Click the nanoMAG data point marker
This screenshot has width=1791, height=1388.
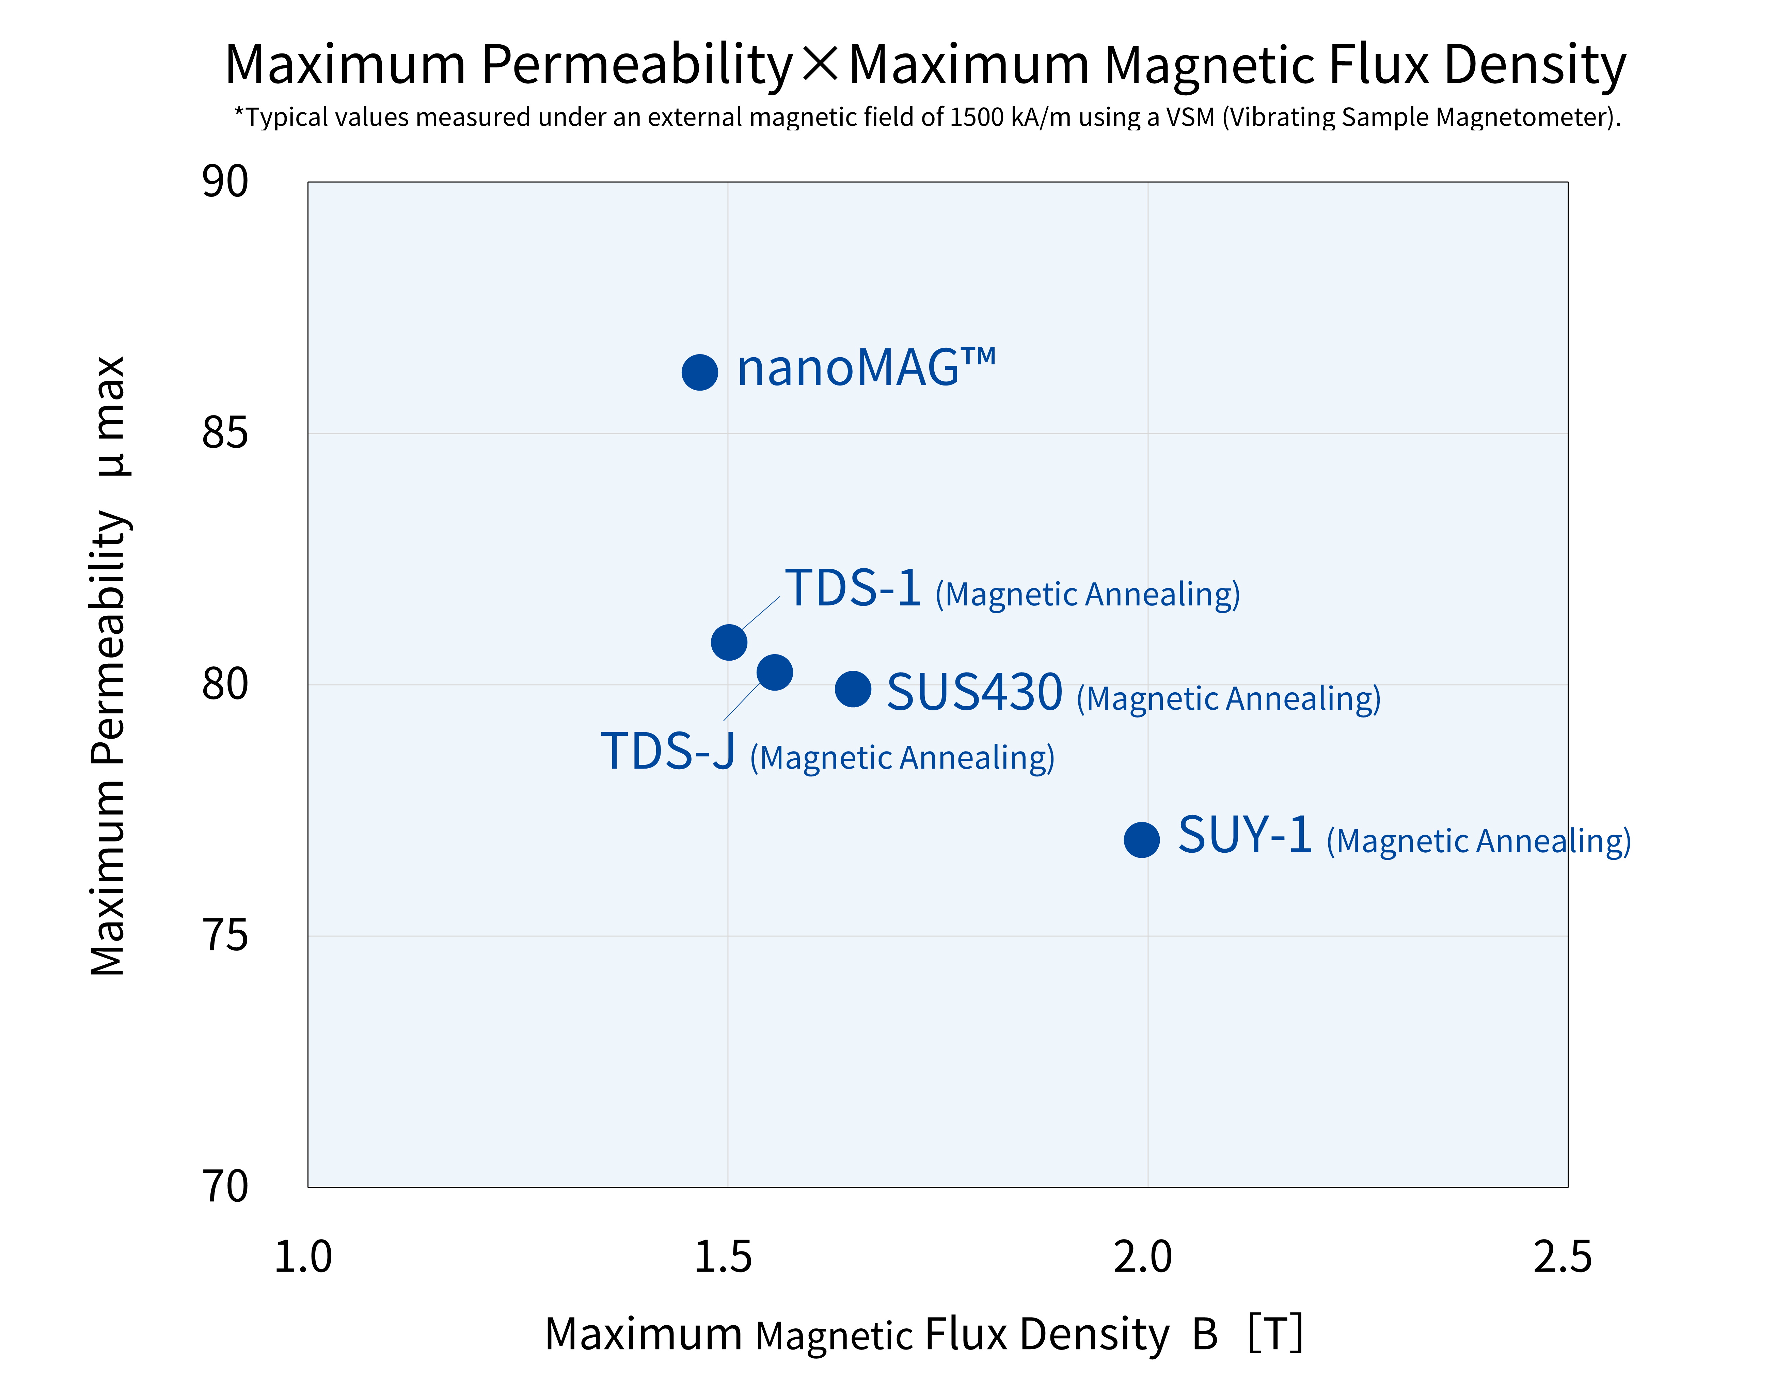click(699, 373)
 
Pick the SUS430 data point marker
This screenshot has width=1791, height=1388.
click(853, 688)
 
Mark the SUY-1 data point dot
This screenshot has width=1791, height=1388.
click(1142, 839)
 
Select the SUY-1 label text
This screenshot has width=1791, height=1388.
click(1245, 835)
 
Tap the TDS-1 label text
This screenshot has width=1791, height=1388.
click(853, 588)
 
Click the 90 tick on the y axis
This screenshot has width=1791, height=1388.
click(225, 181)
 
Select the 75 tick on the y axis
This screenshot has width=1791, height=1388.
click(225, 935)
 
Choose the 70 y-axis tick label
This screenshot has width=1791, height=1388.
click(225, 1186)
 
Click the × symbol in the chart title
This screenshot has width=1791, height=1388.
click(820, 64)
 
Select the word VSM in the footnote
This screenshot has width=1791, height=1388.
click(1190, 117)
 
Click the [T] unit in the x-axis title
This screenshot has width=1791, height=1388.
click(1275, 1334)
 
